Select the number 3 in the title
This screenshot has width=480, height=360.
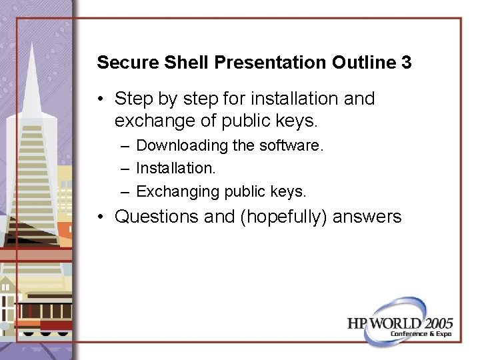click(x=406, y=63)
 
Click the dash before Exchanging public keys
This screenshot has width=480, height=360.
click(x=125, y=191)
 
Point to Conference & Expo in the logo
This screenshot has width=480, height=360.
click(x=421, y=333)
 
